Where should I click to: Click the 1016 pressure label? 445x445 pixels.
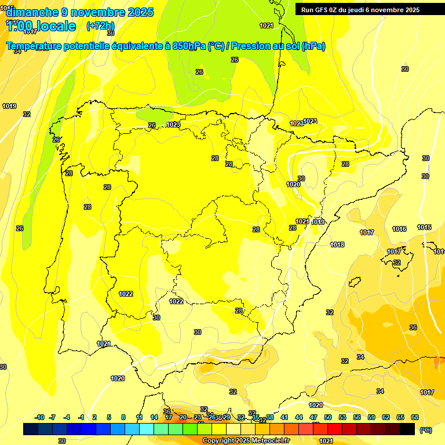(399, 229)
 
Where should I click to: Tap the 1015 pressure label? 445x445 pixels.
(424, 228)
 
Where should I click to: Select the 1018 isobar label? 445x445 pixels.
(338, 245)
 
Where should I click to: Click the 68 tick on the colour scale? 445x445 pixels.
(415, 417)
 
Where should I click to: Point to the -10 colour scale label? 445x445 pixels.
(39, 417)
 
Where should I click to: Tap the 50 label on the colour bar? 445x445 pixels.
(328, 417)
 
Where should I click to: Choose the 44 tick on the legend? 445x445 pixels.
(299, 417)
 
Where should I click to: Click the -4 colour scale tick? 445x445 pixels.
(67, 417)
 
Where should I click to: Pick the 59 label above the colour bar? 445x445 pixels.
(371, 417)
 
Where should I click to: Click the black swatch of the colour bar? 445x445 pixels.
(407, 429)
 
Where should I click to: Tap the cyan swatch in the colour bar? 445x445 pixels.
(147, 429)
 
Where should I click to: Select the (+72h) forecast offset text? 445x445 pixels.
(100, 26)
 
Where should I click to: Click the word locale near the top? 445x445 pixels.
(56, 26)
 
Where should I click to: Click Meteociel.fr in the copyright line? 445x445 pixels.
(271, 441)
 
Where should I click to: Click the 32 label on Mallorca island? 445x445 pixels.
(397, 263)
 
